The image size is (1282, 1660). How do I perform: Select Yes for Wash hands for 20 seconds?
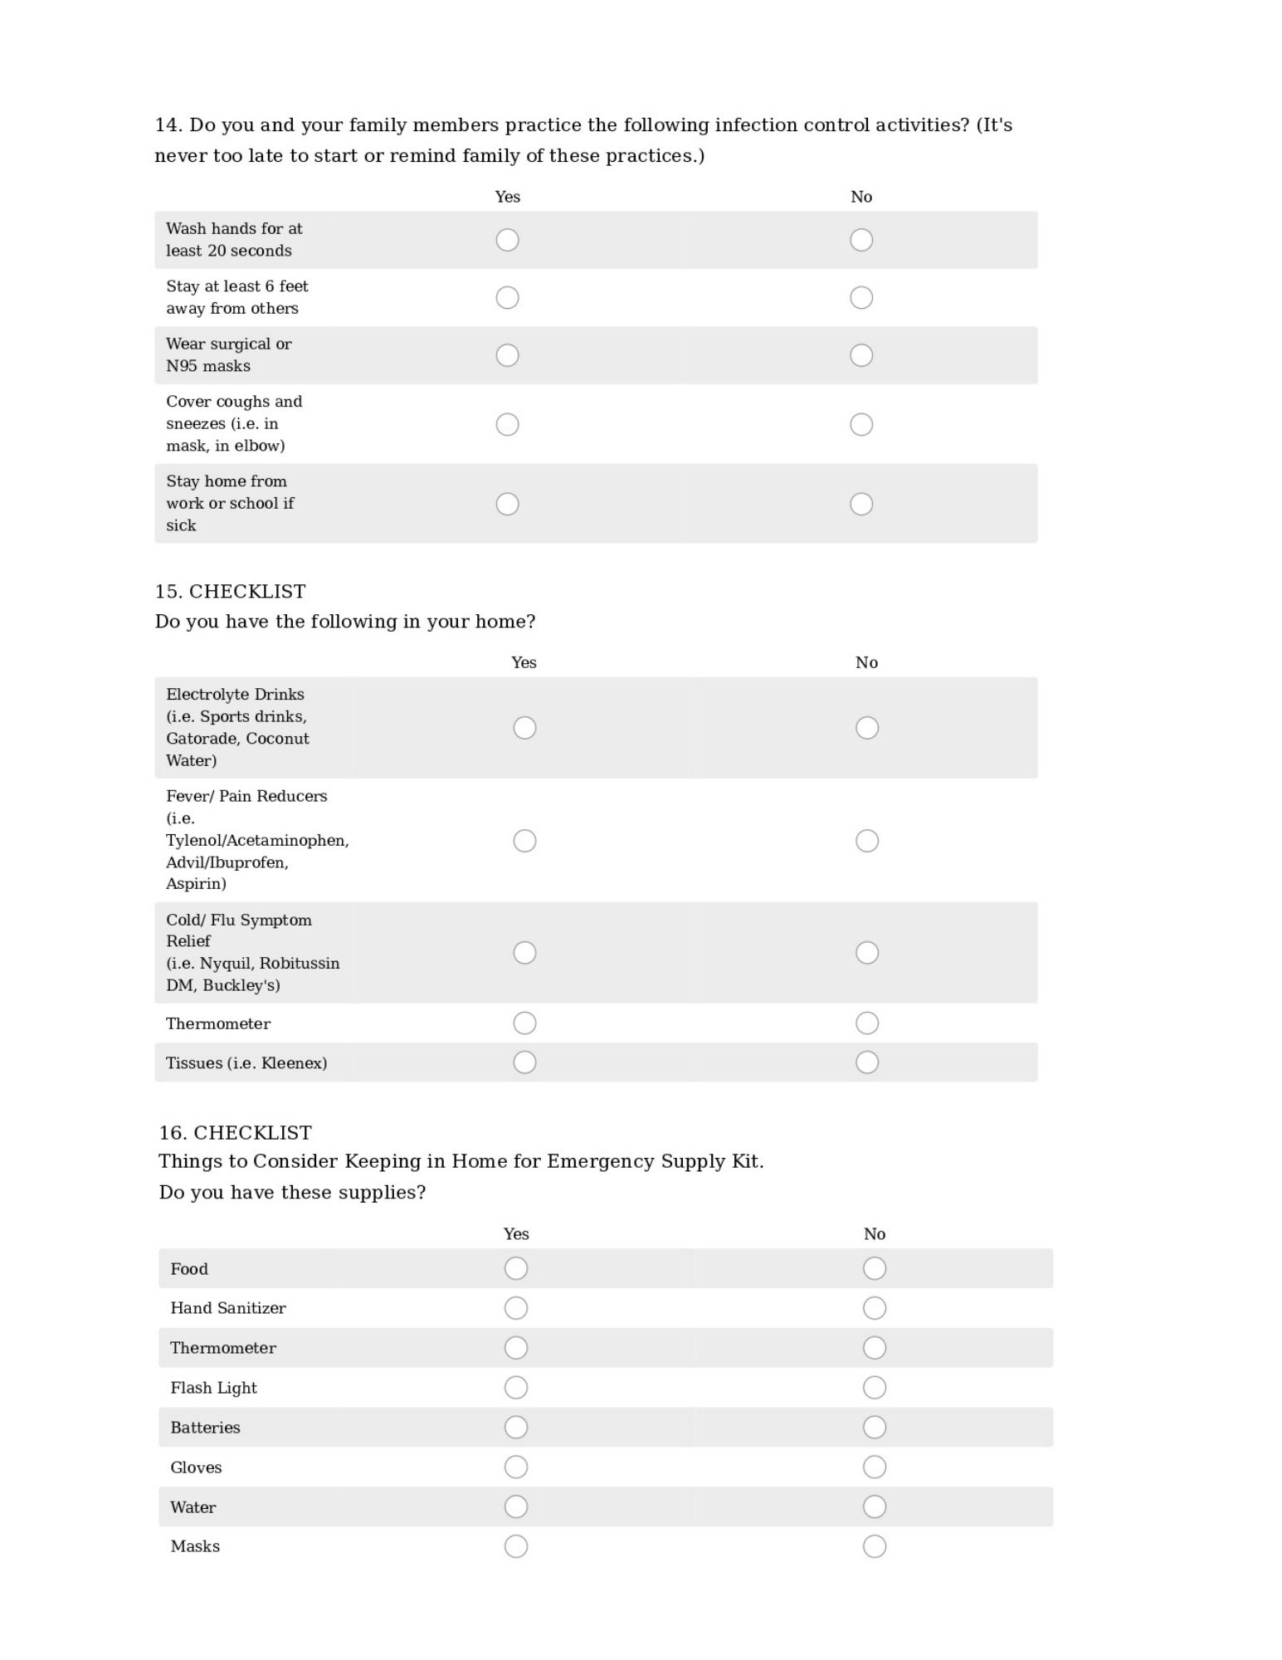pyautogui.click(x=507, y=240)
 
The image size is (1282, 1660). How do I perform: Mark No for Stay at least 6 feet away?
pyautogui.click(x=861, y=297)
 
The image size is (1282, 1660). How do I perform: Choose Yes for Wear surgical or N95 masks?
pyautogui.click(x=507, y=355)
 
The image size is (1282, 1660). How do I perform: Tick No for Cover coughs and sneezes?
pyautogui.click(x=861, y=424)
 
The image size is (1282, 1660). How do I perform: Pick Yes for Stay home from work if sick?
pyautogui.click(x=507, y=504)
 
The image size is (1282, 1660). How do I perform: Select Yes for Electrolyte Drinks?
pyautogui.click(x=524, y=728)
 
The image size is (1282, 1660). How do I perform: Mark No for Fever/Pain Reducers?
pyautogui.click(x=867, y=841)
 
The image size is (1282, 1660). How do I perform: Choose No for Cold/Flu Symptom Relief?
pyautogui.click(x=867, y=953)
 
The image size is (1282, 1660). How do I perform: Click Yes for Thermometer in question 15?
pyautogui.click(x=524, y=1023)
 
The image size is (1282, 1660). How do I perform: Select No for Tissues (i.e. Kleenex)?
pyautogui.click(x=867, y=1062)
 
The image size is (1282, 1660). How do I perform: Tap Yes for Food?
pyautogui.click(x=516, y=1268)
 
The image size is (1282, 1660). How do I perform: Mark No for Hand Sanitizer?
pyautogui.click(x=875, y=1308)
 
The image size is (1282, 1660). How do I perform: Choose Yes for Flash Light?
pyautogui.click(x=516, y=1388)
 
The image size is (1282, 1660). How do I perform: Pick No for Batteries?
pyautogui.click(x=875, y=1428)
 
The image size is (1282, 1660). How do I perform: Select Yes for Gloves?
pyautogui.click(x=516, y=1467)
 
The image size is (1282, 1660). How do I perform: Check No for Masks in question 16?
pyautogui.click(x=875, y=1546)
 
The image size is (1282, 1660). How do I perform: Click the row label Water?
pyautogui.click(x=193, y=1507)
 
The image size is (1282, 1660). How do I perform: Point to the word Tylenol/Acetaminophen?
pyautogui.click(x=257, y=841)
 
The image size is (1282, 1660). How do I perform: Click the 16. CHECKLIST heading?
pyautogui.click(x=236, y=1133)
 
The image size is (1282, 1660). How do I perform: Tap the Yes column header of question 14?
pyautogui.click(x=507, y=197)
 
